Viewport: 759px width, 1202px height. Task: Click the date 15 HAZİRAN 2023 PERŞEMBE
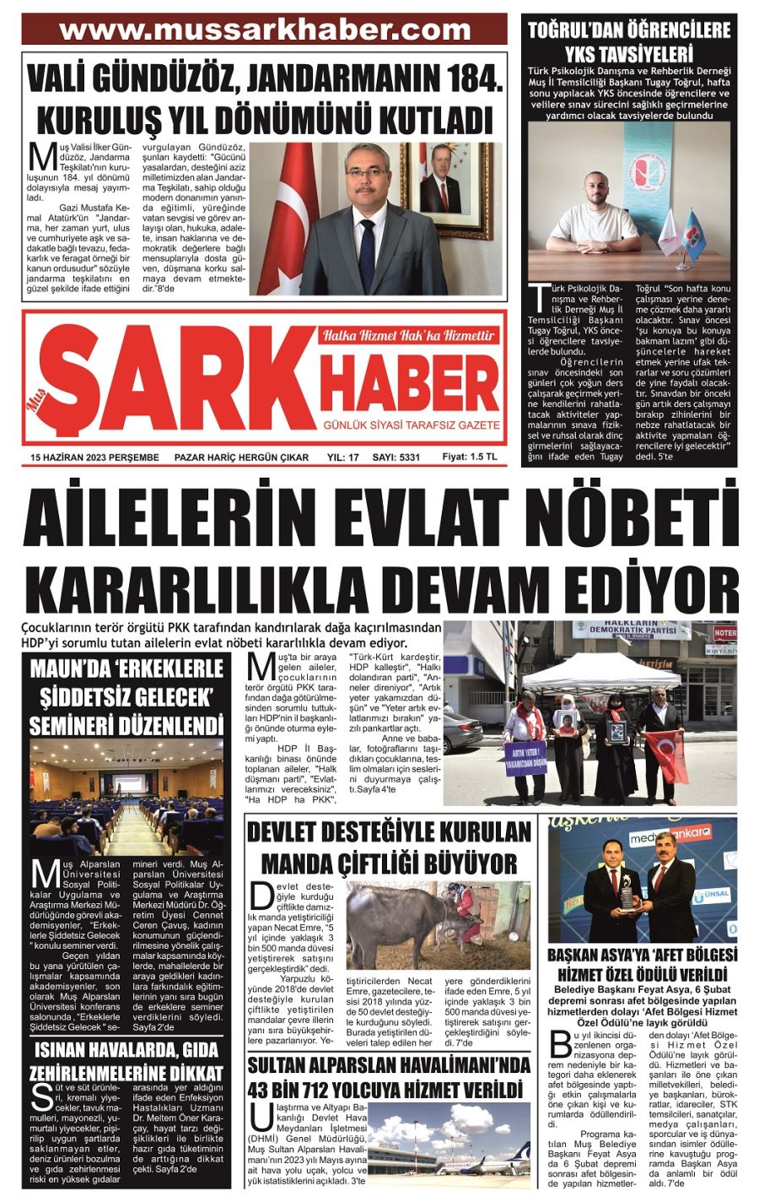click(x=94, y=458)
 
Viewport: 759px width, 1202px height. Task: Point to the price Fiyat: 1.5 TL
click(x=470, y=457)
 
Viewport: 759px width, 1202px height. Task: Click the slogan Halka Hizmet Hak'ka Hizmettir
click(x=408, y=335)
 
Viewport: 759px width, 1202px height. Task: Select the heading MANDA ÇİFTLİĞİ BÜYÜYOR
click(x=389, y=864)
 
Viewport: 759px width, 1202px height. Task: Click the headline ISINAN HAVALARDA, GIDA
click(x=128, y=1051)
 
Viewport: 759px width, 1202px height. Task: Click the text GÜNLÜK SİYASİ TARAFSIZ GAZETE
click(x=413, y=425)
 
